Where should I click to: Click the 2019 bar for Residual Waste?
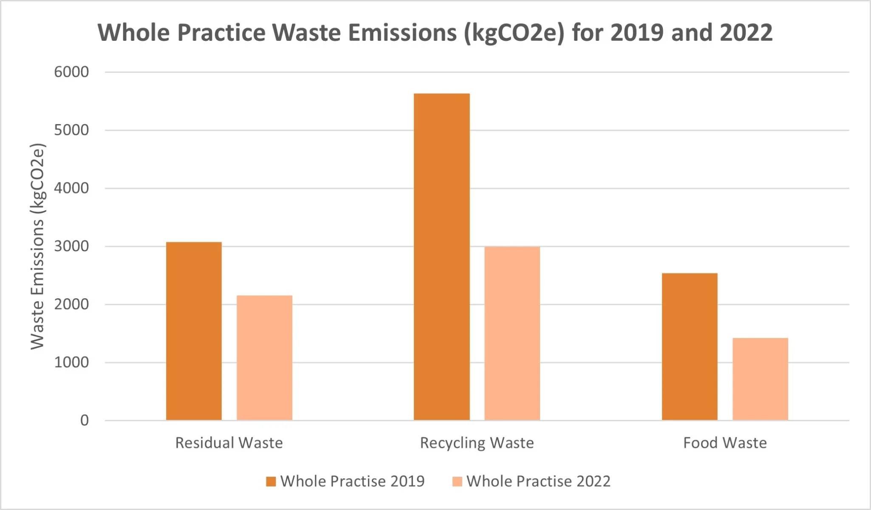pos(194,331)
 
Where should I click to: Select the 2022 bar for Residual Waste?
pos(264,358)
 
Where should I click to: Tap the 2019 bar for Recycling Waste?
pos(441,257)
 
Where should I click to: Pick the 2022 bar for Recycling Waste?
pos(512,334)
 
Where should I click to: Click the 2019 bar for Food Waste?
pos(689,347)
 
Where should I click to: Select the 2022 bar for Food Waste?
pos(760,379)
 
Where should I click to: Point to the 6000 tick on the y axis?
pos(71,72)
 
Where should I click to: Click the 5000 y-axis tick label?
pos(71,130)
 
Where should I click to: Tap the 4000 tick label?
pos(71,188)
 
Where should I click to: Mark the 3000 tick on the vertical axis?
pos(71,246)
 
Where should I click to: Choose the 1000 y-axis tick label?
pos(71,363)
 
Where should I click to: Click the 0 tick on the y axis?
pos(85,421)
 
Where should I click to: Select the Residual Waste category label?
pos(229,443)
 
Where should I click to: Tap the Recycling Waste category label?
pos(477,443)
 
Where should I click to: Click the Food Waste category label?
pos(725,443)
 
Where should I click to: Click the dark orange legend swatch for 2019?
pos(271,482)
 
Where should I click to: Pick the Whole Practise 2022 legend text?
pos(538,482)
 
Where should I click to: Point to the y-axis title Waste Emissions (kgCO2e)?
pos(37,246)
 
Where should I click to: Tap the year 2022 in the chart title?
pos(746,33)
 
